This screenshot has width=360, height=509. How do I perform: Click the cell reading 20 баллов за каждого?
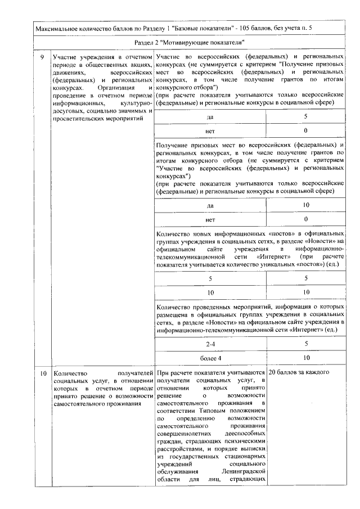point(299,373)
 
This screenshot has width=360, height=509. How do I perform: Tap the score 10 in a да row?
point(306,206)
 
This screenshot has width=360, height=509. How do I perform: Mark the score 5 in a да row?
point(306,116)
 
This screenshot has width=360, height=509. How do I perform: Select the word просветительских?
point(78,120)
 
